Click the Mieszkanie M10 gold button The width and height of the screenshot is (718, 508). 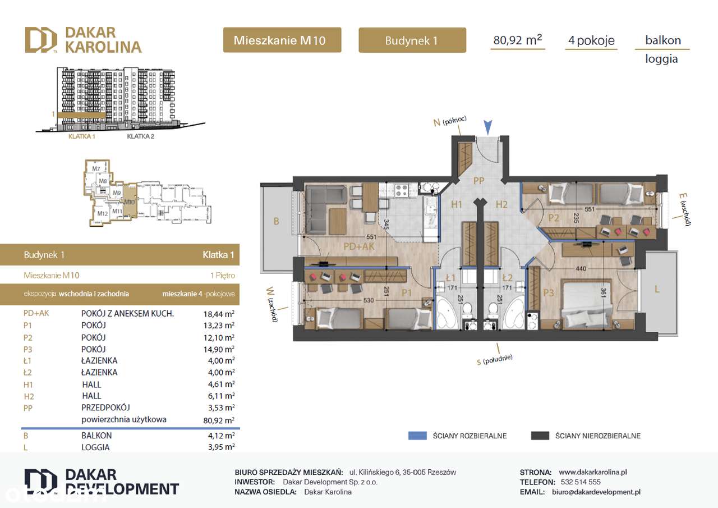tap(282, 40)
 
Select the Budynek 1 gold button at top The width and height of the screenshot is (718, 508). tap(412, 40)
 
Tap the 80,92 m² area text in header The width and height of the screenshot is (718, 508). tap(517, 40)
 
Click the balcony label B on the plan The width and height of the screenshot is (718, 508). tap(276, 221)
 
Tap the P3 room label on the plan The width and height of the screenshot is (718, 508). tap(548, 292)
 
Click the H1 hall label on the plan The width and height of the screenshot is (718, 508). tap(457, 204)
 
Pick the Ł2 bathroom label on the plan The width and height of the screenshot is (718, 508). tap(507, 278)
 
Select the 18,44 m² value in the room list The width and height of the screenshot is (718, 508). tap(220, 314)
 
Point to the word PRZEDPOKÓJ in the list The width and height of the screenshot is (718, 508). tap(105, 408)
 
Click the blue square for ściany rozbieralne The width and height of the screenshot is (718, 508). tap(417, 436)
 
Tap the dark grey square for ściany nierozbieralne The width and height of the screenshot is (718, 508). tap(540, 436)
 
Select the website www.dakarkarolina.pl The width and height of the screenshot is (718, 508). tap(593, 472)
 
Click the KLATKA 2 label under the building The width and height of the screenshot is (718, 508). tap(141, 136)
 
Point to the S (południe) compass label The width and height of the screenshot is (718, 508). tap(495, 359)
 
